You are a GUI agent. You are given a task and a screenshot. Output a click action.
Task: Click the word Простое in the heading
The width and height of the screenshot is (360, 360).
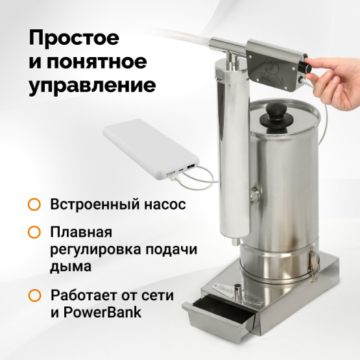(x=73, y=38)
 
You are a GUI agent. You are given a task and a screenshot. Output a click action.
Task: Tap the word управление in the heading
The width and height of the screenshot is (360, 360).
(x=92, y=86)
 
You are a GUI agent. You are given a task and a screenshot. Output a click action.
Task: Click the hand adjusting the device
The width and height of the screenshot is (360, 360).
(x=337, y=71)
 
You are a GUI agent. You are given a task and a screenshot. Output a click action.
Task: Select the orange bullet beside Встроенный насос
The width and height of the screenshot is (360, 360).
(x=34, y=205)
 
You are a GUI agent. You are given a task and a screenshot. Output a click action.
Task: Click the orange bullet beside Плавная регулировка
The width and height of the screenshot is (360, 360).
(x=34, y=232)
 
